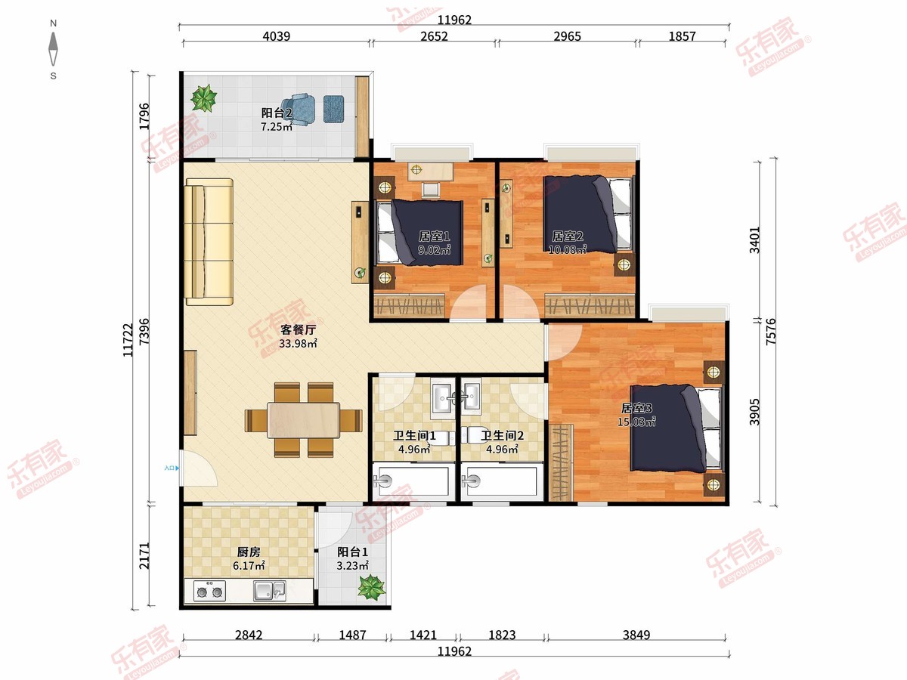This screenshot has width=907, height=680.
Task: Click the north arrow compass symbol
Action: [x=54, y=49]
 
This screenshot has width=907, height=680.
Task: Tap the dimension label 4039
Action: [x=277, y=36]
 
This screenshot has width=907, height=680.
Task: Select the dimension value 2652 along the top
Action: [x=434, y=36]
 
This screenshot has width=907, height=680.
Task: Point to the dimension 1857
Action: [x=682, y=36]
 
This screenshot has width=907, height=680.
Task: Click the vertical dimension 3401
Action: [x=754, y=240]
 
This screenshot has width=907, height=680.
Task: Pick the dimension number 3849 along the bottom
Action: [x=636, y=635]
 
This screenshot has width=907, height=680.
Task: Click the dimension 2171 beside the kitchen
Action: [x=144, y=556]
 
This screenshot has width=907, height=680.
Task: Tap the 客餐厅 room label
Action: [x=298, y=329]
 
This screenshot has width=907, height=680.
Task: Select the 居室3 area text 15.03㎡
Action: [x=636, y=422]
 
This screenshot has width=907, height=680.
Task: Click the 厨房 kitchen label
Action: [x=249, y=552]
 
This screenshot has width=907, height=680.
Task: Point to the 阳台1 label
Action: [x=352, y=552]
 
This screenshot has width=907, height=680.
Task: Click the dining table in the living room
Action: [x=303, y=420]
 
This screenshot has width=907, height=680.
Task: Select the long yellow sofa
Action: [x=209, y=242]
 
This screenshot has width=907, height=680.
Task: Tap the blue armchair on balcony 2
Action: [x=299, y=109]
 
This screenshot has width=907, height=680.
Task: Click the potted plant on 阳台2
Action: [x=203, y=98]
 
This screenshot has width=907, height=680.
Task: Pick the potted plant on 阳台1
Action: [x=371, y=587]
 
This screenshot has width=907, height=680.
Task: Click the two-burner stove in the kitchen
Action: [x=209, y=592]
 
